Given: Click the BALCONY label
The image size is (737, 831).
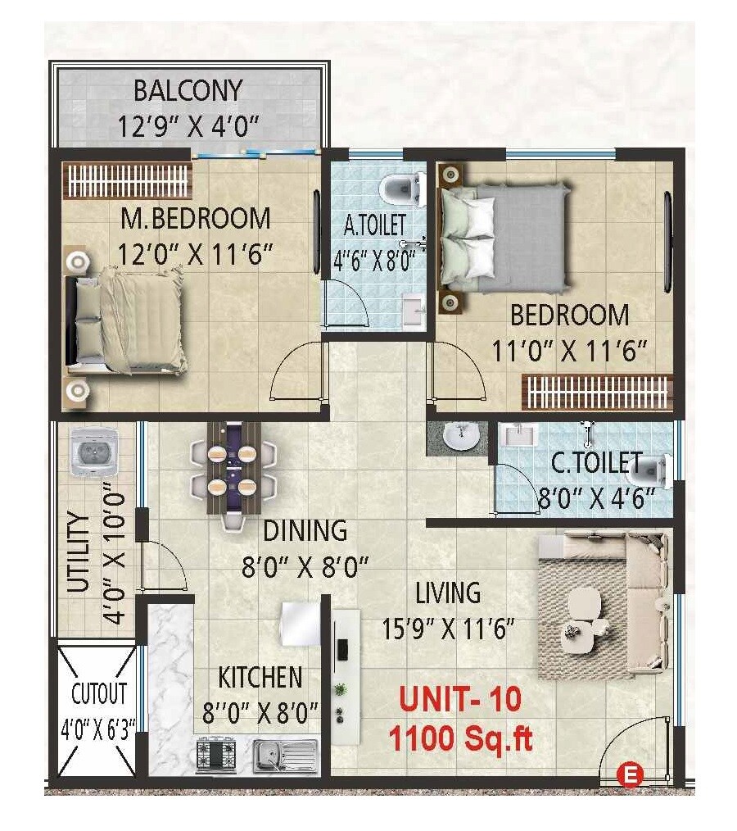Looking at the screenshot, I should [188, 89].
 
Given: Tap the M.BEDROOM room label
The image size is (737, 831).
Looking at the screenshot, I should [196, 218].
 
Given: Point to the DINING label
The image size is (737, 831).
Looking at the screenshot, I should [305, 530].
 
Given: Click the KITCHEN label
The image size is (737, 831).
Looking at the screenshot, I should [260, 678].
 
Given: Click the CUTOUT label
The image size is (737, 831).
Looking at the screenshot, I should [98, 693].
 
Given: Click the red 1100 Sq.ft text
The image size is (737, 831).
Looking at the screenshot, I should [459, 739].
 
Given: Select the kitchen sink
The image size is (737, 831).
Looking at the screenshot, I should [284, 753].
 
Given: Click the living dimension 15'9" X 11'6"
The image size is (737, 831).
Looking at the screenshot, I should [448, 629].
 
